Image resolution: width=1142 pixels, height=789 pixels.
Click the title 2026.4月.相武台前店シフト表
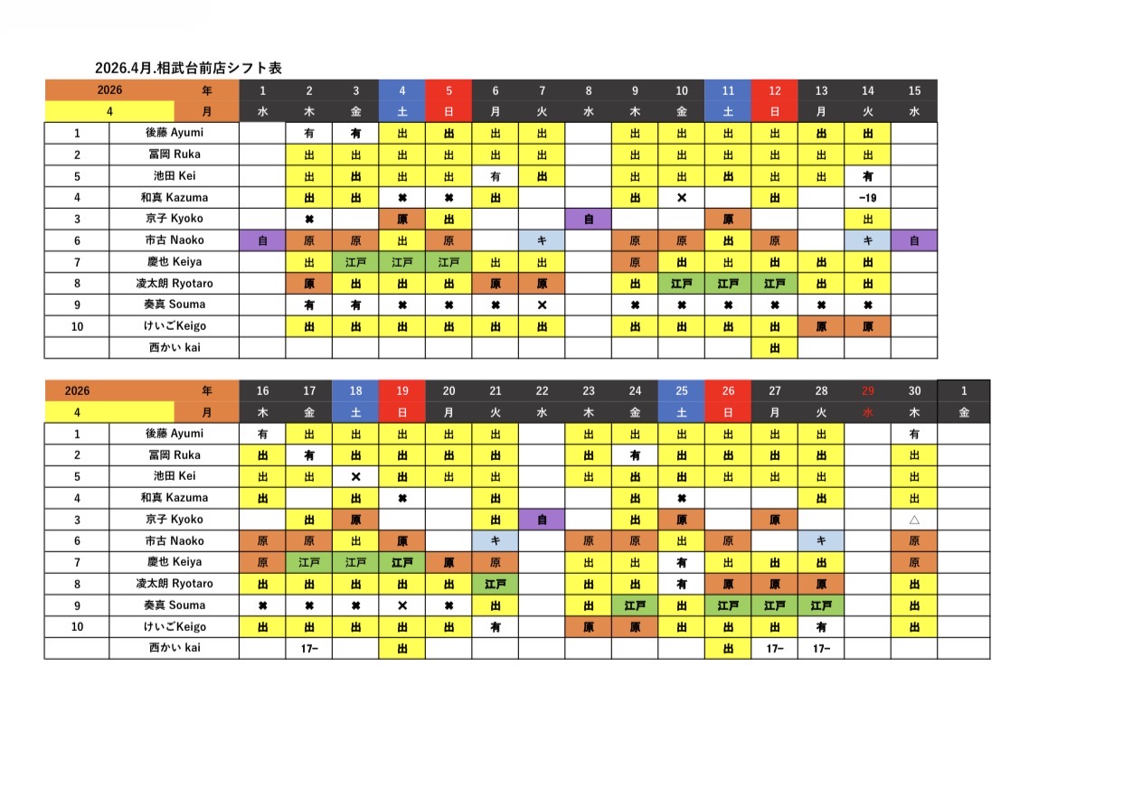pyautogui.click(x=188, y=68)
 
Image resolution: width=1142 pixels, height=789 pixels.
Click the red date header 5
pyautogui.click(x=448, y=90)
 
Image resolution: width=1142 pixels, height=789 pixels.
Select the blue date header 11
pyautogui.click(x=728, y=90)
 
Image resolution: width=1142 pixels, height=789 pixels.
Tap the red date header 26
pyautogui.click(x=728, y=390)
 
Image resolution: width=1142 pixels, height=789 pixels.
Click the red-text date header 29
pyautogui.click(x=868, y=390)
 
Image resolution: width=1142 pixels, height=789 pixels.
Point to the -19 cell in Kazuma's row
pyautogui.click(x=867, y=197)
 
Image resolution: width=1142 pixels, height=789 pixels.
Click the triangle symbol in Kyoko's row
pyautogui.click(x=914, y=520)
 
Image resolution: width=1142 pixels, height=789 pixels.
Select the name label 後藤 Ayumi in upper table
pyautogui.click(x=175, y=132)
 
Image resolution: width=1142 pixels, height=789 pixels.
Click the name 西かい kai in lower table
pyautogui.click(x=175, y=648)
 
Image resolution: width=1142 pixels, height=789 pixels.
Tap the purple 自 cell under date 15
pyautogui.click(x=914, y=240)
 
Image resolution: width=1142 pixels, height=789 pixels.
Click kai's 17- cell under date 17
pyautogui.click(x=309, y=648)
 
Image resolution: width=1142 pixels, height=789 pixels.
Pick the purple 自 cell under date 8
pyautogui.click(x=589, y=219)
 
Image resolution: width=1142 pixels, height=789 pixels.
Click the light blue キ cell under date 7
pyautogui.click(x=542, y=240)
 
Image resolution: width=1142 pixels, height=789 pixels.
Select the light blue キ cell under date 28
pyautogui.click(x=821, y=540)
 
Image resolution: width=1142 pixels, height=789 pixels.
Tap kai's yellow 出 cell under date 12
pyautogui.click(x=774, y=348)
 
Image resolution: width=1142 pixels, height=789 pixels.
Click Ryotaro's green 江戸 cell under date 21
pyautogui.click(x=495, y=584)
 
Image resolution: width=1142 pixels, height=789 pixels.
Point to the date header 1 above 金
pyautogui.click(x=963, y=390)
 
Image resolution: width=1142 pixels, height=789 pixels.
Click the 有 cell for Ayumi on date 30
pyautogui.click(x=914, y=434)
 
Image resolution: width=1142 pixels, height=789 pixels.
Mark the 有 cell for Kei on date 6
pyautogui.click(x=495, y=175)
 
